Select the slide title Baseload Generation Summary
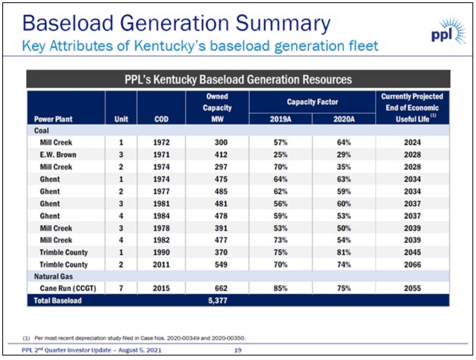pos(176,23)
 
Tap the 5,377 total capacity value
pos(217,301)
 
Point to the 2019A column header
pos(280,119)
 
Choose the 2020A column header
pos(344,119)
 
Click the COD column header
pos(161,119)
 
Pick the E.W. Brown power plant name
pos(58,155)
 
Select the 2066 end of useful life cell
pos(412,265)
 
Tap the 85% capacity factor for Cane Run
pos(280,289)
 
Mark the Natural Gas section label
pos(54,276)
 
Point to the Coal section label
pos(42,130)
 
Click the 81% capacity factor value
pos(344,252)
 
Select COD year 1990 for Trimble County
pos(161,252)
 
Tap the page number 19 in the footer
pos(238,350)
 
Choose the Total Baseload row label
pos(58,301)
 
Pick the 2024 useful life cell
pos(412,143)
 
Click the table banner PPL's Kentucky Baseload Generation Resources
pos(238,79)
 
